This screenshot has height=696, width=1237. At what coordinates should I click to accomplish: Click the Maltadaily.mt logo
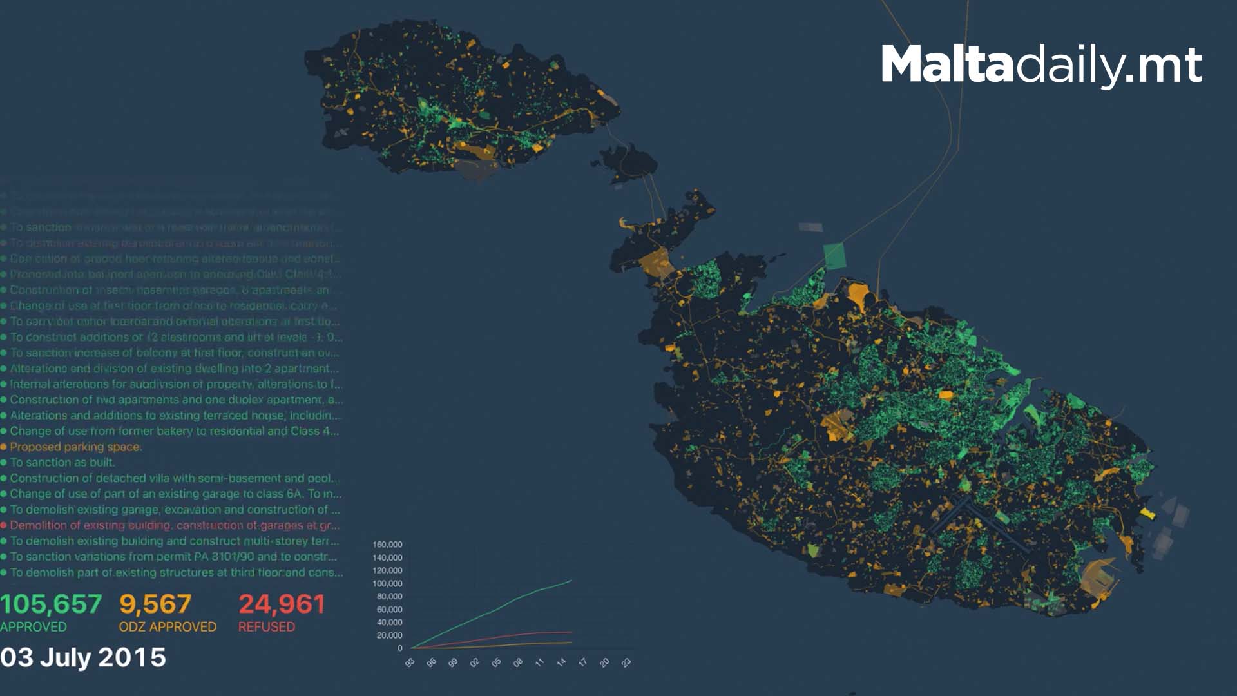(x=1041, y=64)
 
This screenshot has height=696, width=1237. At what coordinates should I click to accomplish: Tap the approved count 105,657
(x=51, y=604)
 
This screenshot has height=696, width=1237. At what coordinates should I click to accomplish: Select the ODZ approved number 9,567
(x=155, y=604)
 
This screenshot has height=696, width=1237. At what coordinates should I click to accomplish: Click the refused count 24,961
(x=282, y=604)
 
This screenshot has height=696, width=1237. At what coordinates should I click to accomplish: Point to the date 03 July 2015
(x=83, y=658)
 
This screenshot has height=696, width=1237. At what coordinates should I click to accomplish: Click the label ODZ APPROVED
(x=168, y=627)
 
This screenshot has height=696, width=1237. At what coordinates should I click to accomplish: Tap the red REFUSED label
(x=267, y=627)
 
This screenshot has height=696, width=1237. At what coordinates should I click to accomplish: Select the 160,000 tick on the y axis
(x=387, y=545)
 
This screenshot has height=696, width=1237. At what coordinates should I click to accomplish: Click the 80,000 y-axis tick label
(x=389, y=597)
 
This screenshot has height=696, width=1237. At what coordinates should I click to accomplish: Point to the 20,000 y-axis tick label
(x=389, y=635)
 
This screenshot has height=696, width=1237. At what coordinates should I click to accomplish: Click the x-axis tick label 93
(x=410, y=662)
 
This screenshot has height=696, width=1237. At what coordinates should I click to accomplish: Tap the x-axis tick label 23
(x=626, y=662)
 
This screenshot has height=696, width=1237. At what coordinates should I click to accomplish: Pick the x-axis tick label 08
(x=518, y=662)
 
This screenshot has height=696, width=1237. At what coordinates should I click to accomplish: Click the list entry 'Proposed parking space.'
(x=76, y=447)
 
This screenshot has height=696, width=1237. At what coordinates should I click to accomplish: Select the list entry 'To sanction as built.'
(x=62, y=463)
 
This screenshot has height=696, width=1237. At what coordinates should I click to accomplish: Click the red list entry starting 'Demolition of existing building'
(x=174, y=525)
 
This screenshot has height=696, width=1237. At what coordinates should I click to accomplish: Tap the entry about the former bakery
(x=174, y=431)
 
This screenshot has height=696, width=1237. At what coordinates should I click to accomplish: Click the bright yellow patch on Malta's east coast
(x=1147, y=513)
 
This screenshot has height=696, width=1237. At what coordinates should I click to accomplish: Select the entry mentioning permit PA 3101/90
(x=173, y=557)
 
